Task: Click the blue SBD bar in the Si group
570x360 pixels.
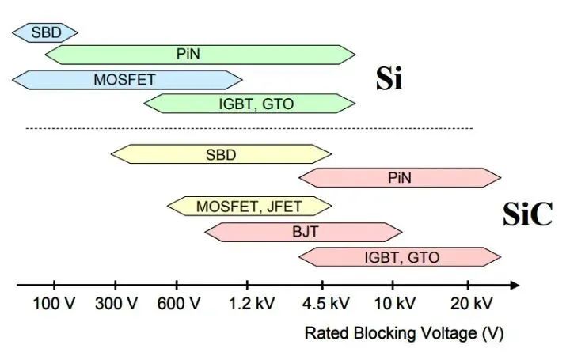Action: pyautogui.click(x=45, y=32)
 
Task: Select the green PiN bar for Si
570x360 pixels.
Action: pyautogui.click(x=199, y=55)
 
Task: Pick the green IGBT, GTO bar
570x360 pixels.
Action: pyautogui.click(x=249, y=103)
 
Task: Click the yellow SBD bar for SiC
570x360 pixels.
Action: pyautogui.click(x=221, y=155)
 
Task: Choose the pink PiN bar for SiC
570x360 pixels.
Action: pyautogui.click(x=400, y=177)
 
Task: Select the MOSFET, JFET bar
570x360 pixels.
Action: pyautogui.click(x=249, y=207)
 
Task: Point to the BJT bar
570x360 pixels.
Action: pyautogui.click(x=304, y=232)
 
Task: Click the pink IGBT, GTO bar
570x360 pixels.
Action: pyautogui.click(x=400, y=257)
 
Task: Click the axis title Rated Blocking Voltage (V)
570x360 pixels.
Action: pyautogui.click(x=404, y=333)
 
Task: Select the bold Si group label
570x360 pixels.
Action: pyautogui.click(x=389, y=80)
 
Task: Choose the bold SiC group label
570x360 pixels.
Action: pyautogui.click(x=526, y=214)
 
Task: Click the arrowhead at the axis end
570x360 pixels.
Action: pyautogui.click(x=515, y=285)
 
